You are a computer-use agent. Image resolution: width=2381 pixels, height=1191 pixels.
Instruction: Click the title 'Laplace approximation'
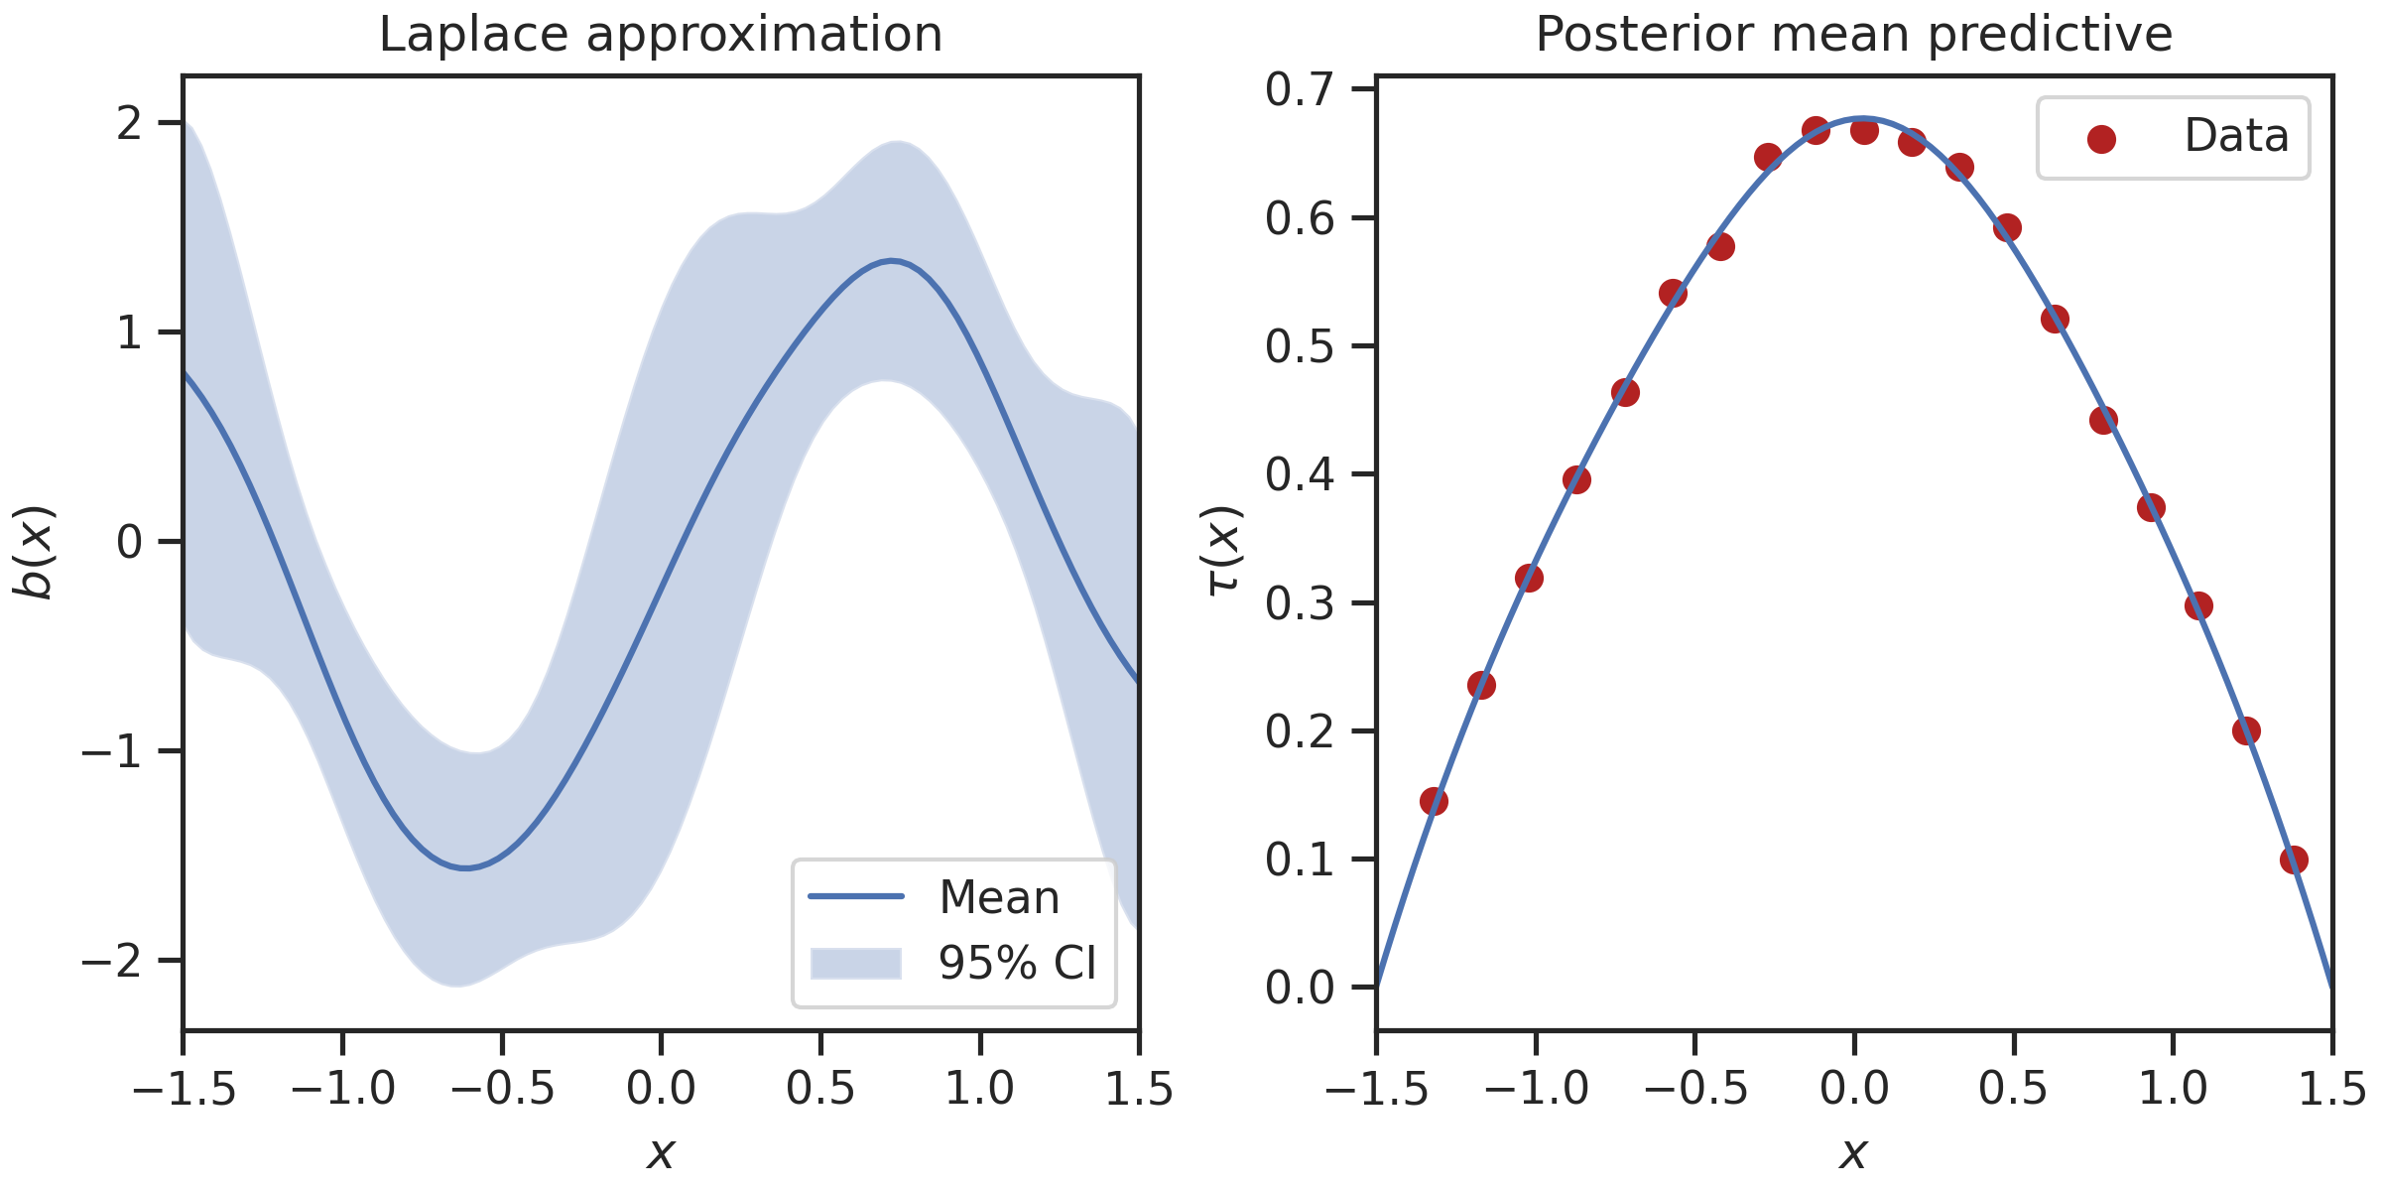(661, 35)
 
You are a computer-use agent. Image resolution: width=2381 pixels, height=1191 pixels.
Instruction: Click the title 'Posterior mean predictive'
(1853, 35)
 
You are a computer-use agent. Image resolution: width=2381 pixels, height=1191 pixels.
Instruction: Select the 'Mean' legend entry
(999, 897)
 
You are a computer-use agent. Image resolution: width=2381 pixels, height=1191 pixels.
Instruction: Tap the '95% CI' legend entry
(1017, 963)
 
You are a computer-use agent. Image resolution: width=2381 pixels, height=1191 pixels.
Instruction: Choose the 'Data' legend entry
(2236, 136)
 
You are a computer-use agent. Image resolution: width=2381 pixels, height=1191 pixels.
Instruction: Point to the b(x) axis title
(35, 553)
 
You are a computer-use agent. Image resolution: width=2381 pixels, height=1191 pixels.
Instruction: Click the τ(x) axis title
(1224, 551)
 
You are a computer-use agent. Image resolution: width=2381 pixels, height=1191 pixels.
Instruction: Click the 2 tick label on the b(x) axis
(130, 123)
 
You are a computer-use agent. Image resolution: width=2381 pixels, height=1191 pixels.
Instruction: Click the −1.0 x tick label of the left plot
(342, 1089)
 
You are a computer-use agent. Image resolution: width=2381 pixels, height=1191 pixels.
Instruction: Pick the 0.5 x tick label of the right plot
(2013, 1089)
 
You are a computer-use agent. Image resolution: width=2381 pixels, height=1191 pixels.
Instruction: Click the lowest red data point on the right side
(2293, 860)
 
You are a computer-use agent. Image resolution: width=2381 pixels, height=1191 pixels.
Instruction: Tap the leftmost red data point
(1434, 801)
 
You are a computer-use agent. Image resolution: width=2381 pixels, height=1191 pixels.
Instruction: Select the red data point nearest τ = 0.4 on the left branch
(1576, 480)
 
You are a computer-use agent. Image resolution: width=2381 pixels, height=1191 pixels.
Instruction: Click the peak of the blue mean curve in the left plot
(892, 261)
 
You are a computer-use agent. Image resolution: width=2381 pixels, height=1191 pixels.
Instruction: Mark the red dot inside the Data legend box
(2101, 139)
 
